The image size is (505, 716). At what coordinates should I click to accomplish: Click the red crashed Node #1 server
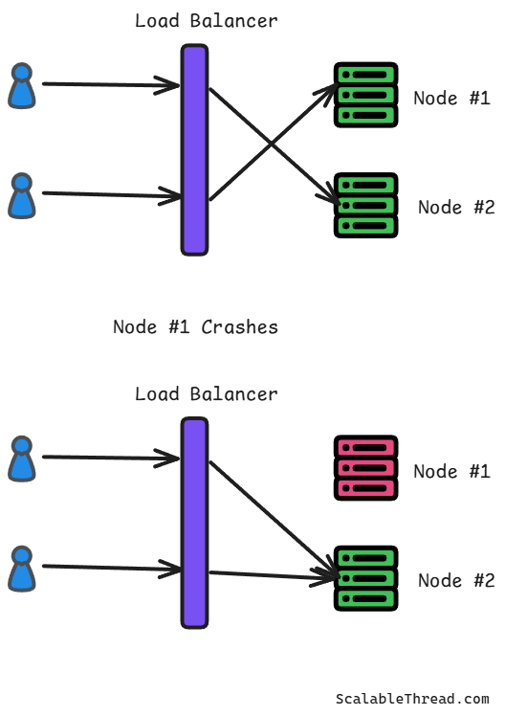tap(366, 468)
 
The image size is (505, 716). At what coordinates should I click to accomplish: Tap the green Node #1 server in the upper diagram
tap(366, 95)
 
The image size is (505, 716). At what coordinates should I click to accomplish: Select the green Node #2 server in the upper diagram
tap(366, 206)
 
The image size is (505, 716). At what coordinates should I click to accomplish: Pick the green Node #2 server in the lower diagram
tap(366, 578)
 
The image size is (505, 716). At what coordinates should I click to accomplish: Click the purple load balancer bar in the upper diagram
tap(195, 149)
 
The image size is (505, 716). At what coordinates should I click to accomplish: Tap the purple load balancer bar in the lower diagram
tap(195, 523)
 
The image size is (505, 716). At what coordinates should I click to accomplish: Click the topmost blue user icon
tap(22, 86)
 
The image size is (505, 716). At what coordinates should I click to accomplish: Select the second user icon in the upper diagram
tap(22, 196)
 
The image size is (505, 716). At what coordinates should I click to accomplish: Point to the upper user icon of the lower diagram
tap(22, 459)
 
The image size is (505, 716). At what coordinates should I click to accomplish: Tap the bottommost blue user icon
tap(22, 569)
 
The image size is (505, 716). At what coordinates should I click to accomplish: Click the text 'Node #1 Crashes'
tap(195, 327)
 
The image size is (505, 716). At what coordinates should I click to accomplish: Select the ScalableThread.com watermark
tap(412, 699)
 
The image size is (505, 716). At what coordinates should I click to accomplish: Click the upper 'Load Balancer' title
tap(207, 21)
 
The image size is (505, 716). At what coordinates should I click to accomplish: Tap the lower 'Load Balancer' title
tap(207, 394)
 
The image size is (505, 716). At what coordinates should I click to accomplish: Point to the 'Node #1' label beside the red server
tap(451, 471)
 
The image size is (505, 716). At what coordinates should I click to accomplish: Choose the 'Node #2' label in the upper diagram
tap(456, 208)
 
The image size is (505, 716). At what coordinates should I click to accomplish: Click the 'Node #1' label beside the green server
tap(451, 99)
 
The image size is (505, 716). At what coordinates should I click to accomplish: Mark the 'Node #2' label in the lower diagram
tap(456, 580)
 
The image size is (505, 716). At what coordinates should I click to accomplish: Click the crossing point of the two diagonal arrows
tap(272, 145)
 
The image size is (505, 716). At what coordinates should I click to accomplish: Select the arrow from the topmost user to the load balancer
tap(111, 84)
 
